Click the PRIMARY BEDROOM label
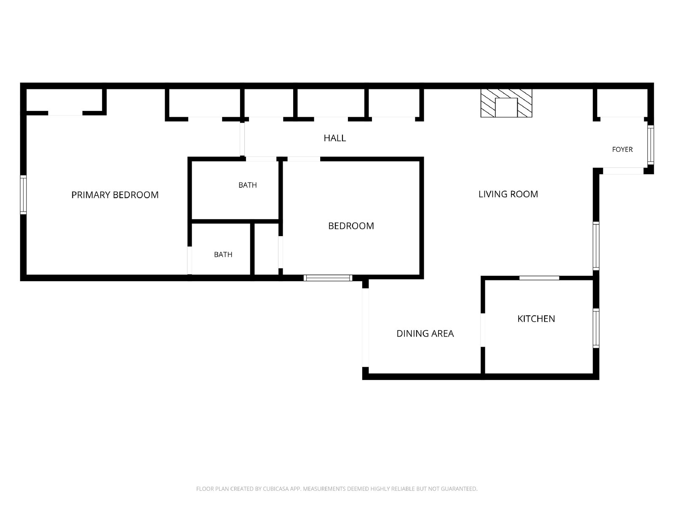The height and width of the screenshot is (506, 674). pyautogui.click(x=115, y=195)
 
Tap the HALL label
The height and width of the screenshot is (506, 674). pyautogui.click(x=335, y=138)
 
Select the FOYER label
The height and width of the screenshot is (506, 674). pyautogui.click(x=622, y=150)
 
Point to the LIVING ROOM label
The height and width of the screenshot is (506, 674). pyautogui.click(x=508, y=194)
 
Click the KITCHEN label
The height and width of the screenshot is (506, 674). pyautogui.click(x=536, y=319)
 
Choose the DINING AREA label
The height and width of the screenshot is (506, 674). pyautogui.click(x=425, y=334)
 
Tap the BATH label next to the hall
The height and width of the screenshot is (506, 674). pyautogui.click(x=248, y=185)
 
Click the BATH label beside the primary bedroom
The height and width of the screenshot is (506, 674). pyautogui.click(x=223, y=255)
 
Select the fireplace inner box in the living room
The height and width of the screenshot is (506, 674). pyautogui.click(x=506, y=108)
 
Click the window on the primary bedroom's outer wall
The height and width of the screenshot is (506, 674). pyautogui.click(x=23, y=195)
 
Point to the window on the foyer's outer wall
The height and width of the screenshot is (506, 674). pyautogui.click(x=650, y=145)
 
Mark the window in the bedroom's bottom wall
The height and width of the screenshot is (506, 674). pyautogui.click(x=328, y=278)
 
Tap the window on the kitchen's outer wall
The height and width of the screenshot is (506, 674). pyautogui.click(x=596, y=328)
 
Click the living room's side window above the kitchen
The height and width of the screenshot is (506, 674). pyautogui.click(x=596, y=246)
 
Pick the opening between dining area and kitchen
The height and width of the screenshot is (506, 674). pyautogui.click(x=483, y=330)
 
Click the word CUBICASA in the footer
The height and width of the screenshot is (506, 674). pyautogui.click(x=276, y=489)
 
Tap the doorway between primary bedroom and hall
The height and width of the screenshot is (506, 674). pyautogui.click(x=242, y=140)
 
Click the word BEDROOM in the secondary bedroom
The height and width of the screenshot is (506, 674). pyautogui.click(x=351, y=226)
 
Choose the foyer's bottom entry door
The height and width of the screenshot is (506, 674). pyautogui.click(x=623, y=171)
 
